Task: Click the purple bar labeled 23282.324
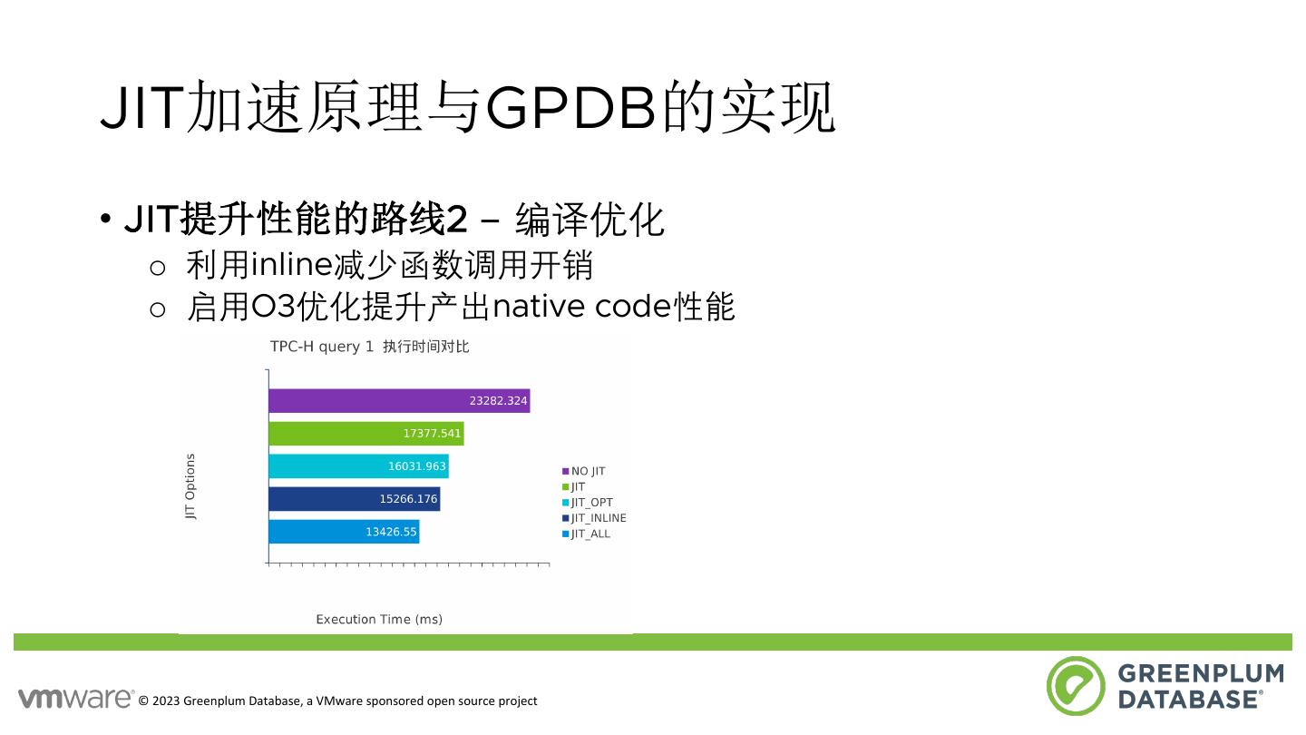point(399,401)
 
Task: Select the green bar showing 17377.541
point(366,434)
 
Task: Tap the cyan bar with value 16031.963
point(358,466)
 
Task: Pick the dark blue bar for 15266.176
point(355,499)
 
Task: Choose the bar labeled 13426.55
point(344,532)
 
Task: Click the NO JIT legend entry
point(584,471)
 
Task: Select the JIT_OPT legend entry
point(588,503)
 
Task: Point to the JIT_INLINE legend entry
point(594,518)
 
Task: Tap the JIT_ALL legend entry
point(586,534)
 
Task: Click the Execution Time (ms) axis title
point(379,620)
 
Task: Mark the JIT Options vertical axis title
point(190,486)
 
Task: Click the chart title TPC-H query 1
point(321,347)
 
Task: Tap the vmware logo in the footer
point(76,699)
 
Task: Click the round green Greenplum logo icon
point(1076,686)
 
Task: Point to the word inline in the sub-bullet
point(291,264)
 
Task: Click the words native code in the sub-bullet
point(582,307)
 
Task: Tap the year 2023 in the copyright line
point(166,701)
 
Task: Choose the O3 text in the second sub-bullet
point(273,307)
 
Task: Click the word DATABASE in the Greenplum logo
point(1189,700)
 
